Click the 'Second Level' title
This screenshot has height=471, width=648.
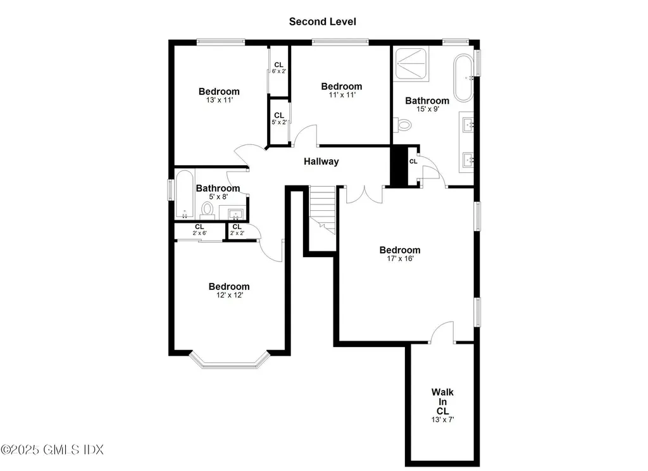point(322,22)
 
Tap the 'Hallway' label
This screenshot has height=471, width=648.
point(321,161)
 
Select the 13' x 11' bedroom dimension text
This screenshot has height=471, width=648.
point(219,100)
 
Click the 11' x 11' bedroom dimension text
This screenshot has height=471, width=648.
point(341,95)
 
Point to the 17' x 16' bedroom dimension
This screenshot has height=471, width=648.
point(400,258)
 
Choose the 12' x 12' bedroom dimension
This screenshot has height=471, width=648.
point(229,295)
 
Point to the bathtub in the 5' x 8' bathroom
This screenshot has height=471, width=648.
point(184,194)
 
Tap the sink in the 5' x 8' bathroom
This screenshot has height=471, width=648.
point(236,213)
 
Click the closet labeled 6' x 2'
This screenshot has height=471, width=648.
point(278,68)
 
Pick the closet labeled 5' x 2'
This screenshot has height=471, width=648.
point(278,119)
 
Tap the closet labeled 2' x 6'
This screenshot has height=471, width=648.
point(199,230)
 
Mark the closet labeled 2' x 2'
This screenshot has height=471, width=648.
point(237,230)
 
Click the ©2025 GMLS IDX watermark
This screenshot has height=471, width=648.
point(52,449)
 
